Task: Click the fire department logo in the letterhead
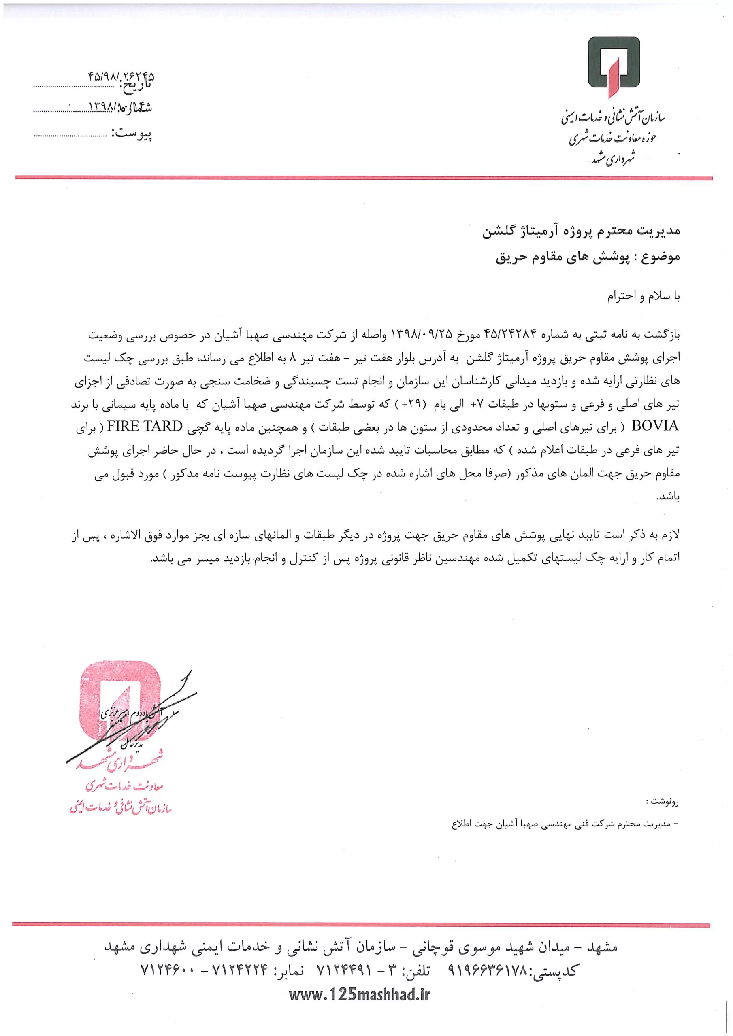pyautogui.click(x=613, y=67)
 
